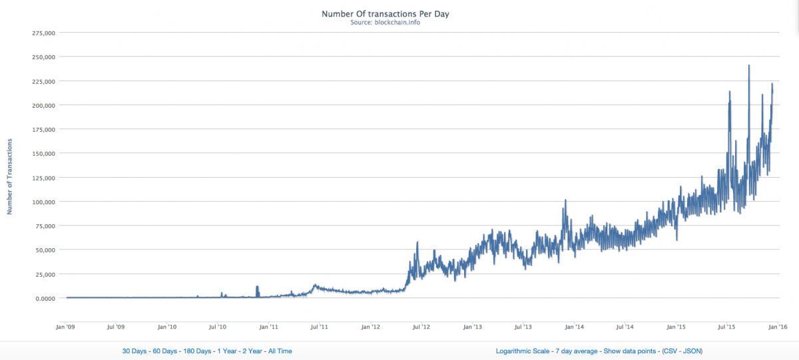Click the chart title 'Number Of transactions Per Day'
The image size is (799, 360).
(x=386, y=13)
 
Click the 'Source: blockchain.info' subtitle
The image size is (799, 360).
(x=386, y=22)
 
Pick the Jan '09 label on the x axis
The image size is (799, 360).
(x=65, y=327)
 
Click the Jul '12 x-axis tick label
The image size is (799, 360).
(x=421, y=327)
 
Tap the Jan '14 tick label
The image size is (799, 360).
(x=574, y=327)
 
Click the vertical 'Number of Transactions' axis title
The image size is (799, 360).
(x=10, y=176)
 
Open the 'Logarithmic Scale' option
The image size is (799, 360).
(x=523, y=351)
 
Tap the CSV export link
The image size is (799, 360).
(x=674, y=351)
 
